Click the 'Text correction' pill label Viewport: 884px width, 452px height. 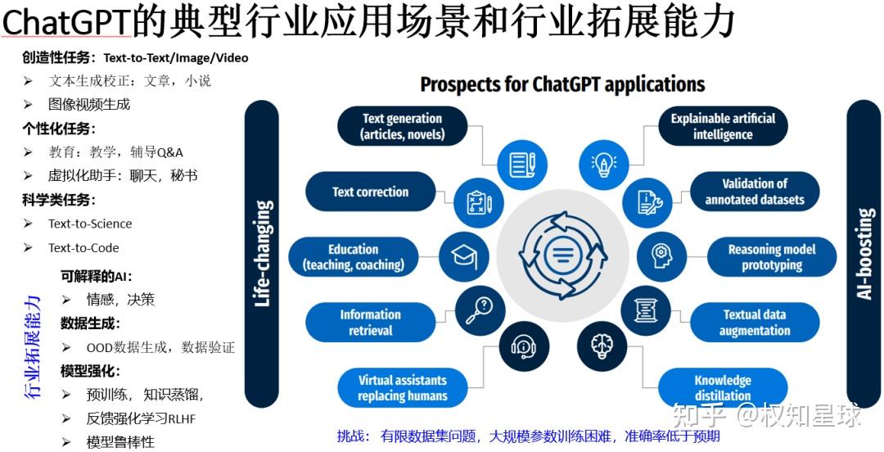point(370,192)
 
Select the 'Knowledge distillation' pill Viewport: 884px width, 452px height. point(723,387)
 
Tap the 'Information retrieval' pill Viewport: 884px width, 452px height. point(370,323)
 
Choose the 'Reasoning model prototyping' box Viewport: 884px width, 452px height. point(771,257)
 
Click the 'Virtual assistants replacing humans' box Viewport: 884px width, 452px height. point(402,387)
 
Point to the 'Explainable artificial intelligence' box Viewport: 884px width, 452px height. point(723,126)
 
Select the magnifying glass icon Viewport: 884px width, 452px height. point(483,310)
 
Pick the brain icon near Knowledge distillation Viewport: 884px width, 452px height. point(603,346)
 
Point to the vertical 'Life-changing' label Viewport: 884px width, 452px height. point(263,254)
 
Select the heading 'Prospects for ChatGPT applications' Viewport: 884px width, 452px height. point(562,84)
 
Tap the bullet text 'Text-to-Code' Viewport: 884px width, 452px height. point(83,247)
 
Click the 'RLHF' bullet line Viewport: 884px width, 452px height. point(141,418)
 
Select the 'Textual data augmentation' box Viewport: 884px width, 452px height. point(754,323)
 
